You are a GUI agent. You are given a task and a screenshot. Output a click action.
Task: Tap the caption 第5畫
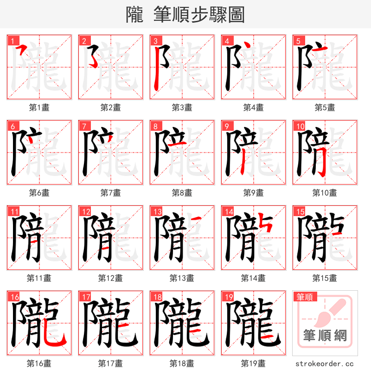pos(325,108)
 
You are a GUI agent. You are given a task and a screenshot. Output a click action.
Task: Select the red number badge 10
pos(300,126)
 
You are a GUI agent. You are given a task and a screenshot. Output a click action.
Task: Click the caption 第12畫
pos(110,278)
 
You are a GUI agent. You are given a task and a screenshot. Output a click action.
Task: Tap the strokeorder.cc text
pos(325,364)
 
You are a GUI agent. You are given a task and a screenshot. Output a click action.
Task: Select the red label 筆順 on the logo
pos(305,297)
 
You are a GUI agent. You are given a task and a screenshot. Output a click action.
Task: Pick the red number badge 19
pos(228,297)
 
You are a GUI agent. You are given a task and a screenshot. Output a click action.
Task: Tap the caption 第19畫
pos(253,364)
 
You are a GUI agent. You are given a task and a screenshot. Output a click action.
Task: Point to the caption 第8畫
pos(182,193)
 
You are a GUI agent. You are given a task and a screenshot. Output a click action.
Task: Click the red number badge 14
pos(228,211)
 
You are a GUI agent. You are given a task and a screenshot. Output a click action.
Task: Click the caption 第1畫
pos(39,108)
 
